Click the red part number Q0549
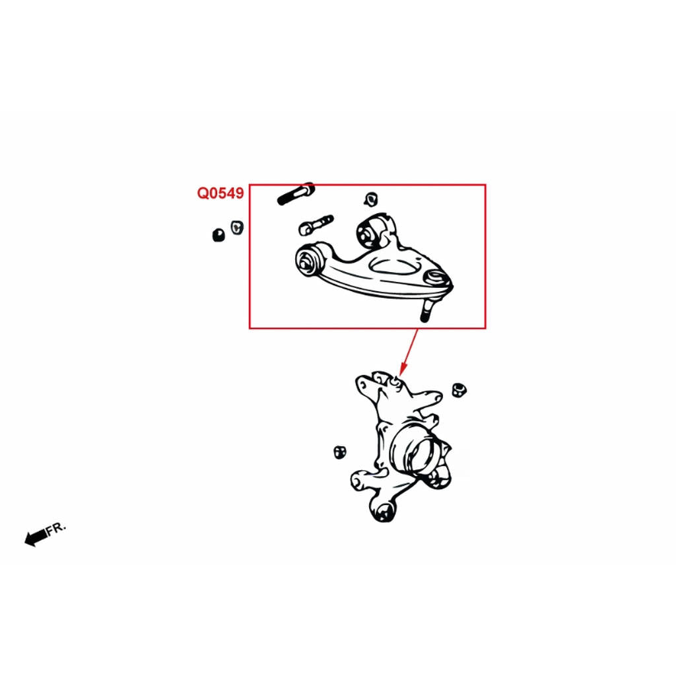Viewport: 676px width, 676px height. [x=220, y=193]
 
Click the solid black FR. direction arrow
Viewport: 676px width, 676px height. [x=36, y=537]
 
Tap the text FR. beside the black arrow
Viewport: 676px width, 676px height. [x=57, y=528]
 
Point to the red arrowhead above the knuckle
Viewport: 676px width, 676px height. [x=402, y=370]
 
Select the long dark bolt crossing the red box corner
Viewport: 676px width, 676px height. [x=296, y=193]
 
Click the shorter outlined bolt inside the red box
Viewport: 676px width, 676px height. [x=316, y=225]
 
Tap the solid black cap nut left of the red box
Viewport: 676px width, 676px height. [x=219, y=235]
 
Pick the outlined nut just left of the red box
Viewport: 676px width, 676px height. [x=237, y=227]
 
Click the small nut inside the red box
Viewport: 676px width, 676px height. [x=371, y=199]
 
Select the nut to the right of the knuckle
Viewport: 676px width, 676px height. [x=459, y=389]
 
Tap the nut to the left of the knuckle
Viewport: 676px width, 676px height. [x=340, y=452]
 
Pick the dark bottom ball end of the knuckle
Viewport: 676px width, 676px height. [x=384, y=512]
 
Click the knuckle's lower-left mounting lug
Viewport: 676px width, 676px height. [x=360, y=481]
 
